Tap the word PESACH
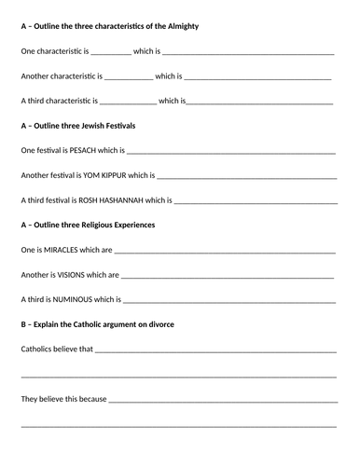click(82, 150)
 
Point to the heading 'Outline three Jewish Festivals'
click(94, 125)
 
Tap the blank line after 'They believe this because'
click(223, 402)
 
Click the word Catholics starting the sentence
click(39, 349)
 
